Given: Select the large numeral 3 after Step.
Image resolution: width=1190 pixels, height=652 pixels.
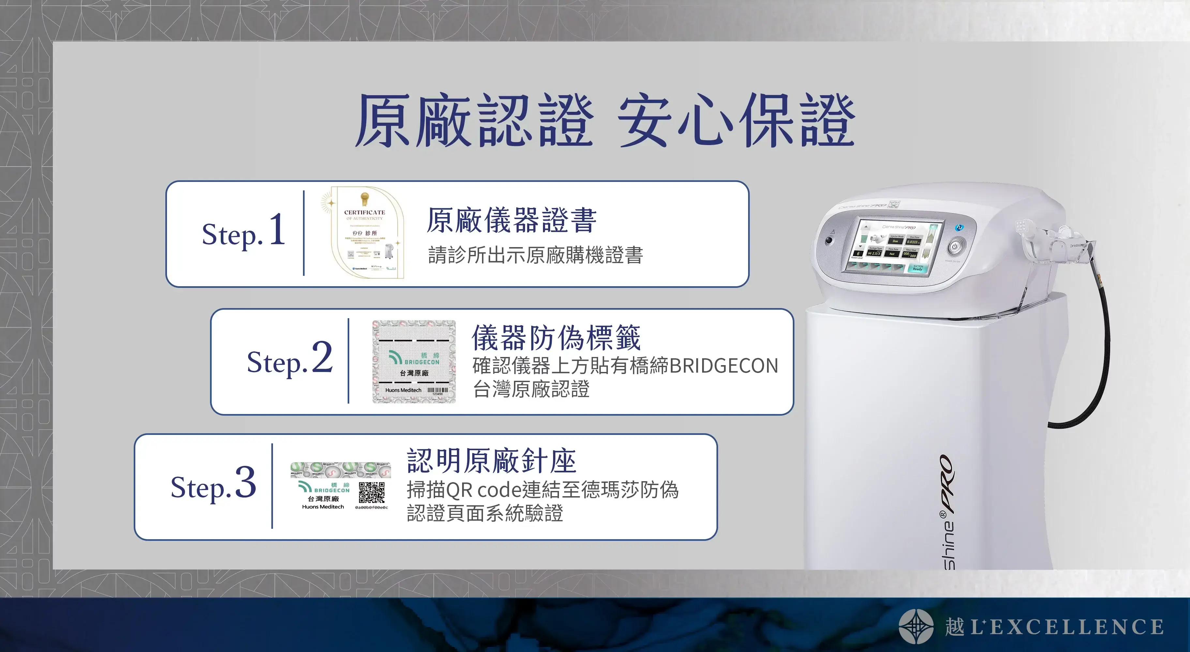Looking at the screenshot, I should point(245,482).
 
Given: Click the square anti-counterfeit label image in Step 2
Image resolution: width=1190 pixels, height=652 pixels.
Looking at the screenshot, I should point(414,362).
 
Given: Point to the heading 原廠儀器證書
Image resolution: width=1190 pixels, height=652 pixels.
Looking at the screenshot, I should point(511,220).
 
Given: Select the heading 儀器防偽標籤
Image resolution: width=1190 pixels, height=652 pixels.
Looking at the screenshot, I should point(556,337).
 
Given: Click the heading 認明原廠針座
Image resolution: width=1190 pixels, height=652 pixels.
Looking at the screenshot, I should point(491,461).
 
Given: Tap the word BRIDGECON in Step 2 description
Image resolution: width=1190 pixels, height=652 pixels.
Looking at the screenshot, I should point(723,366).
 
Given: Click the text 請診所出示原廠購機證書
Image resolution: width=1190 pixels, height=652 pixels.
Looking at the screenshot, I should point(535,255).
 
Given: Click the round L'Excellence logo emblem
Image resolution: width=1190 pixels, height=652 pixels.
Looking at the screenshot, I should point(916,626).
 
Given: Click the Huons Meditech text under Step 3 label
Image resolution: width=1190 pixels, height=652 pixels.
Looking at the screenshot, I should point(323,507).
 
